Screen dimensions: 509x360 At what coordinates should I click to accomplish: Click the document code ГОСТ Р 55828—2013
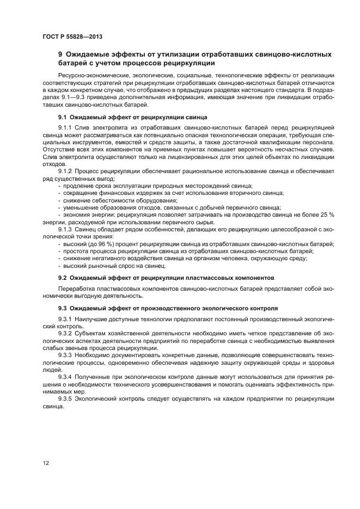(x=72, y=36)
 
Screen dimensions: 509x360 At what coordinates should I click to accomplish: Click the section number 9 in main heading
(x=60, y=54)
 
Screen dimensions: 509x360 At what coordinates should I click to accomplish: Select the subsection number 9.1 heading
(x=62, y=117)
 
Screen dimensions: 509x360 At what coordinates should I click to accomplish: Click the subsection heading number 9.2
(x=62, y=278)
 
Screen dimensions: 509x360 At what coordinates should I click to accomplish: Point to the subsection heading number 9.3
(x=62, y=308)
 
